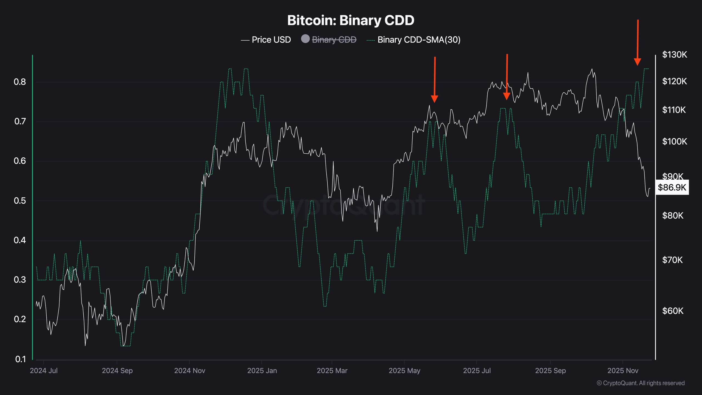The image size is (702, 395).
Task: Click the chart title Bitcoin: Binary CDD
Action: click(350, 20)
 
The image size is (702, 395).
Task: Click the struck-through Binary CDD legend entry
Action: click(334, 40)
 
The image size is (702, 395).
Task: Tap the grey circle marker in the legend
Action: click(305, 39)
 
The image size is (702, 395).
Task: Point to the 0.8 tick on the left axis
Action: click(20, 82)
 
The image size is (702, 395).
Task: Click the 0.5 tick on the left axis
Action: click(20, 201)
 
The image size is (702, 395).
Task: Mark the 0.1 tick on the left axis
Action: click(20, 359)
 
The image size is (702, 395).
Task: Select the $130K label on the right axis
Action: click(675, 55)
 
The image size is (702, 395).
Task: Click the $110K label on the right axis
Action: click(674, 110)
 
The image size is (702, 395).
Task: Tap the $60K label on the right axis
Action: click(673, 311)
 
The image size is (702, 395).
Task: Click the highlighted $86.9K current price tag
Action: click(672, 187)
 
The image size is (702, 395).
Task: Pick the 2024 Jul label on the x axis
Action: click(44, 371)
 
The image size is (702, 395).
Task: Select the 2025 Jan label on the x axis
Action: click(262, 371)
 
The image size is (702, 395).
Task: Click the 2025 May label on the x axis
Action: click(404, 371)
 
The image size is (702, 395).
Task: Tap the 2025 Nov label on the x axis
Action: click(622, 371)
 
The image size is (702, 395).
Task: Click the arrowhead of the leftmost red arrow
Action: click(434, 99)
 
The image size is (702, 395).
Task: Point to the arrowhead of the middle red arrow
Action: click(507, 96)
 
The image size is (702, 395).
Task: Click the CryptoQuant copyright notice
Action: click(641, 383)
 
